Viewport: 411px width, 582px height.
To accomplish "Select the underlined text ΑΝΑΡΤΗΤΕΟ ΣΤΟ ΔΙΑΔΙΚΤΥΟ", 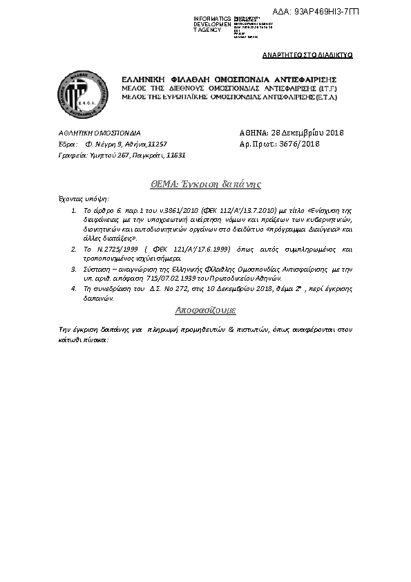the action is coord(307,54).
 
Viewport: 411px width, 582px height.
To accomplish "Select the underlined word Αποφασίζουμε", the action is coord(206,310).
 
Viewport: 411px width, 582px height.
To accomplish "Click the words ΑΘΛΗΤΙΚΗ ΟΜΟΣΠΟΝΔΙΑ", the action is coord(99,133).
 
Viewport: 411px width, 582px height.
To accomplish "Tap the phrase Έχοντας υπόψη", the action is coord(80,198).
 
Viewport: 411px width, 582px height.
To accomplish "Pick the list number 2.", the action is coord(75,247).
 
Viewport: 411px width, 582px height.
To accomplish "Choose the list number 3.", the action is coord(75,267).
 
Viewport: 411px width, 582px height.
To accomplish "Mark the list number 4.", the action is coord(75,285).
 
